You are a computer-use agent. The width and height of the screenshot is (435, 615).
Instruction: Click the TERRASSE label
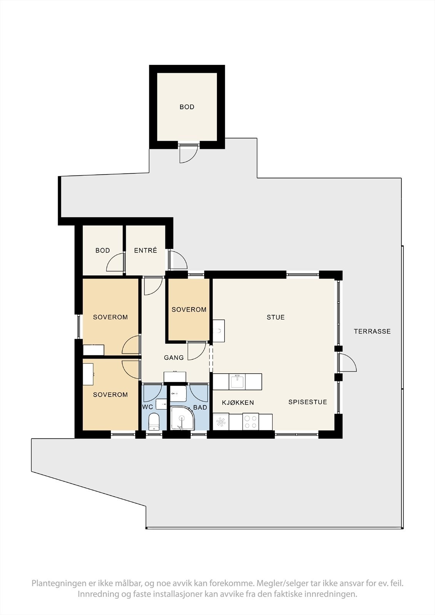(372, 331)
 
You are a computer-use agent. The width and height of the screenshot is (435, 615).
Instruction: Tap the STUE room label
(276, 317)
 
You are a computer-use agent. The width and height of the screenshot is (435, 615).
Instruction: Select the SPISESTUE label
(307, 402)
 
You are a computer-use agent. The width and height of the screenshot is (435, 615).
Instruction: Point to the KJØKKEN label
(238, 403)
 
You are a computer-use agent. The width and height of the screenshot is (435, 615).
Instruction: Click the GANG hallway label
(174, 358)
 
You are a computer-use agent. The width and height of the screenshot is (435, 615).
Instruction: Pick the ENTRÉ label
(145, 250)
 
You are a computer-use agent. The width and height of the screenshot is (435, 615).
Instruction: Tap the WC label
(148, 407)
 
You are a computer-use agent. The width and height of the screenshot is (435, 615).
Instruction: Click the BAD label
(200, 407)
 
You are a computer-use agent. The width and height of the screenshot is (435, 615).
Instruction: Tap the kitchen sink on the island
(237, 382)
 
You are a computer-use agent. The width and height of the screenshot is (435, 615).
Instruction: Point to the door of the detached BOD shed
(188, 153)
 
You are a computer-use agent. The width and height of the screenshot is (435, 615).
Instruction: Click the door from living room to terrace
(347, 363)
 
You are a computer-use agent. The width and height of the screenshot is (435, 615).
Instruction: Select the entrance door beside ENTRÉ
(178, 260)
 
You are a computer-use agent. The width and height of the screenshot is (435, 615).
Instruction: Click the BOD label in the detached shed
(187, 107)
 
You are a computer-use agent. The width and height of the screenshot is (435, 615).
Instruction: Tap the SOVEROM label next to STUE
(189, 310)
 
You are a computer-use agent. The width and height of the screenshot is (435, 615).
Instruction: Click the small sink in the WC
(161, 404)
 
